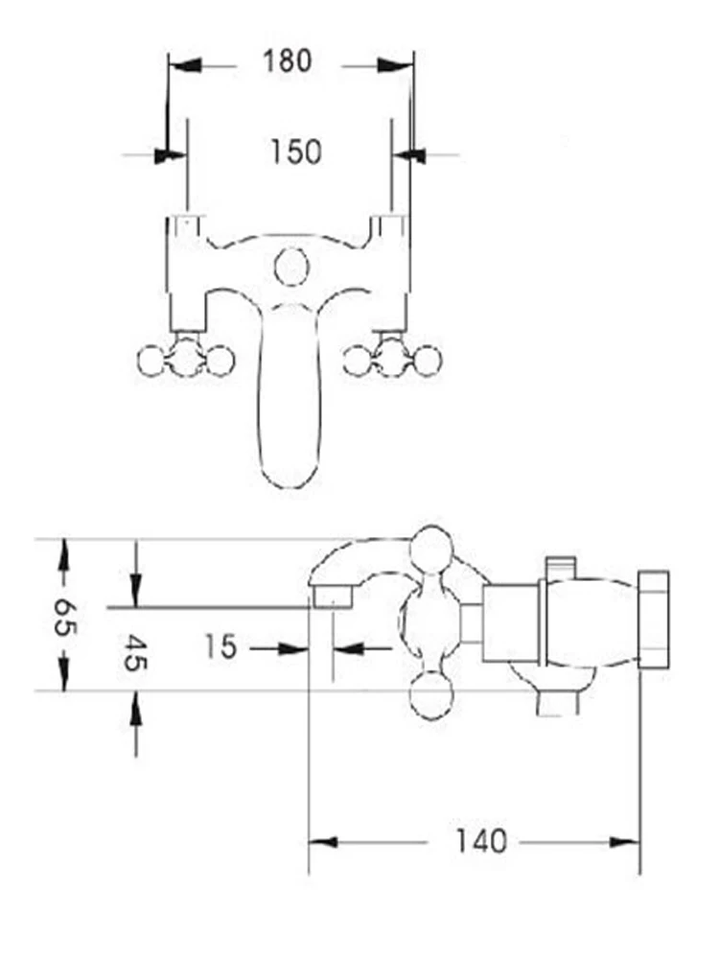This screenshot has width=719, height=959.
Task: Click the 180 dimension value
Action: click(288, 61)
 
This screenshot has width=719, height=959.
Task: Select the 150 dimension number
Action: click(295, 152)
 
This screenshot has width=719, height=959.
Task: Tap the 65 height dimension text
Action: click(64, 615)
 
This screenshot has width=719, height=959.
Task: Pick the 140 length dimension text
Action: click(479, 842)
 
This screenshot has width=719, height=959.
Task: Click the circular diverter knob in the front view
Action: click(290, 266)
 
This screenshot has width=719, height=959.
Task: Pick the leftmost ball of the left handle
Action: click(151, 361)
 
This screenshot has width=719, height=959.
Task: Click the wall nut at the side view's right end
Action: click(653, 619)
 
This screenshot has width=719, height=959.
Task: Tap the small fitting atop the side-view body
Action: click(561, 566)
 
